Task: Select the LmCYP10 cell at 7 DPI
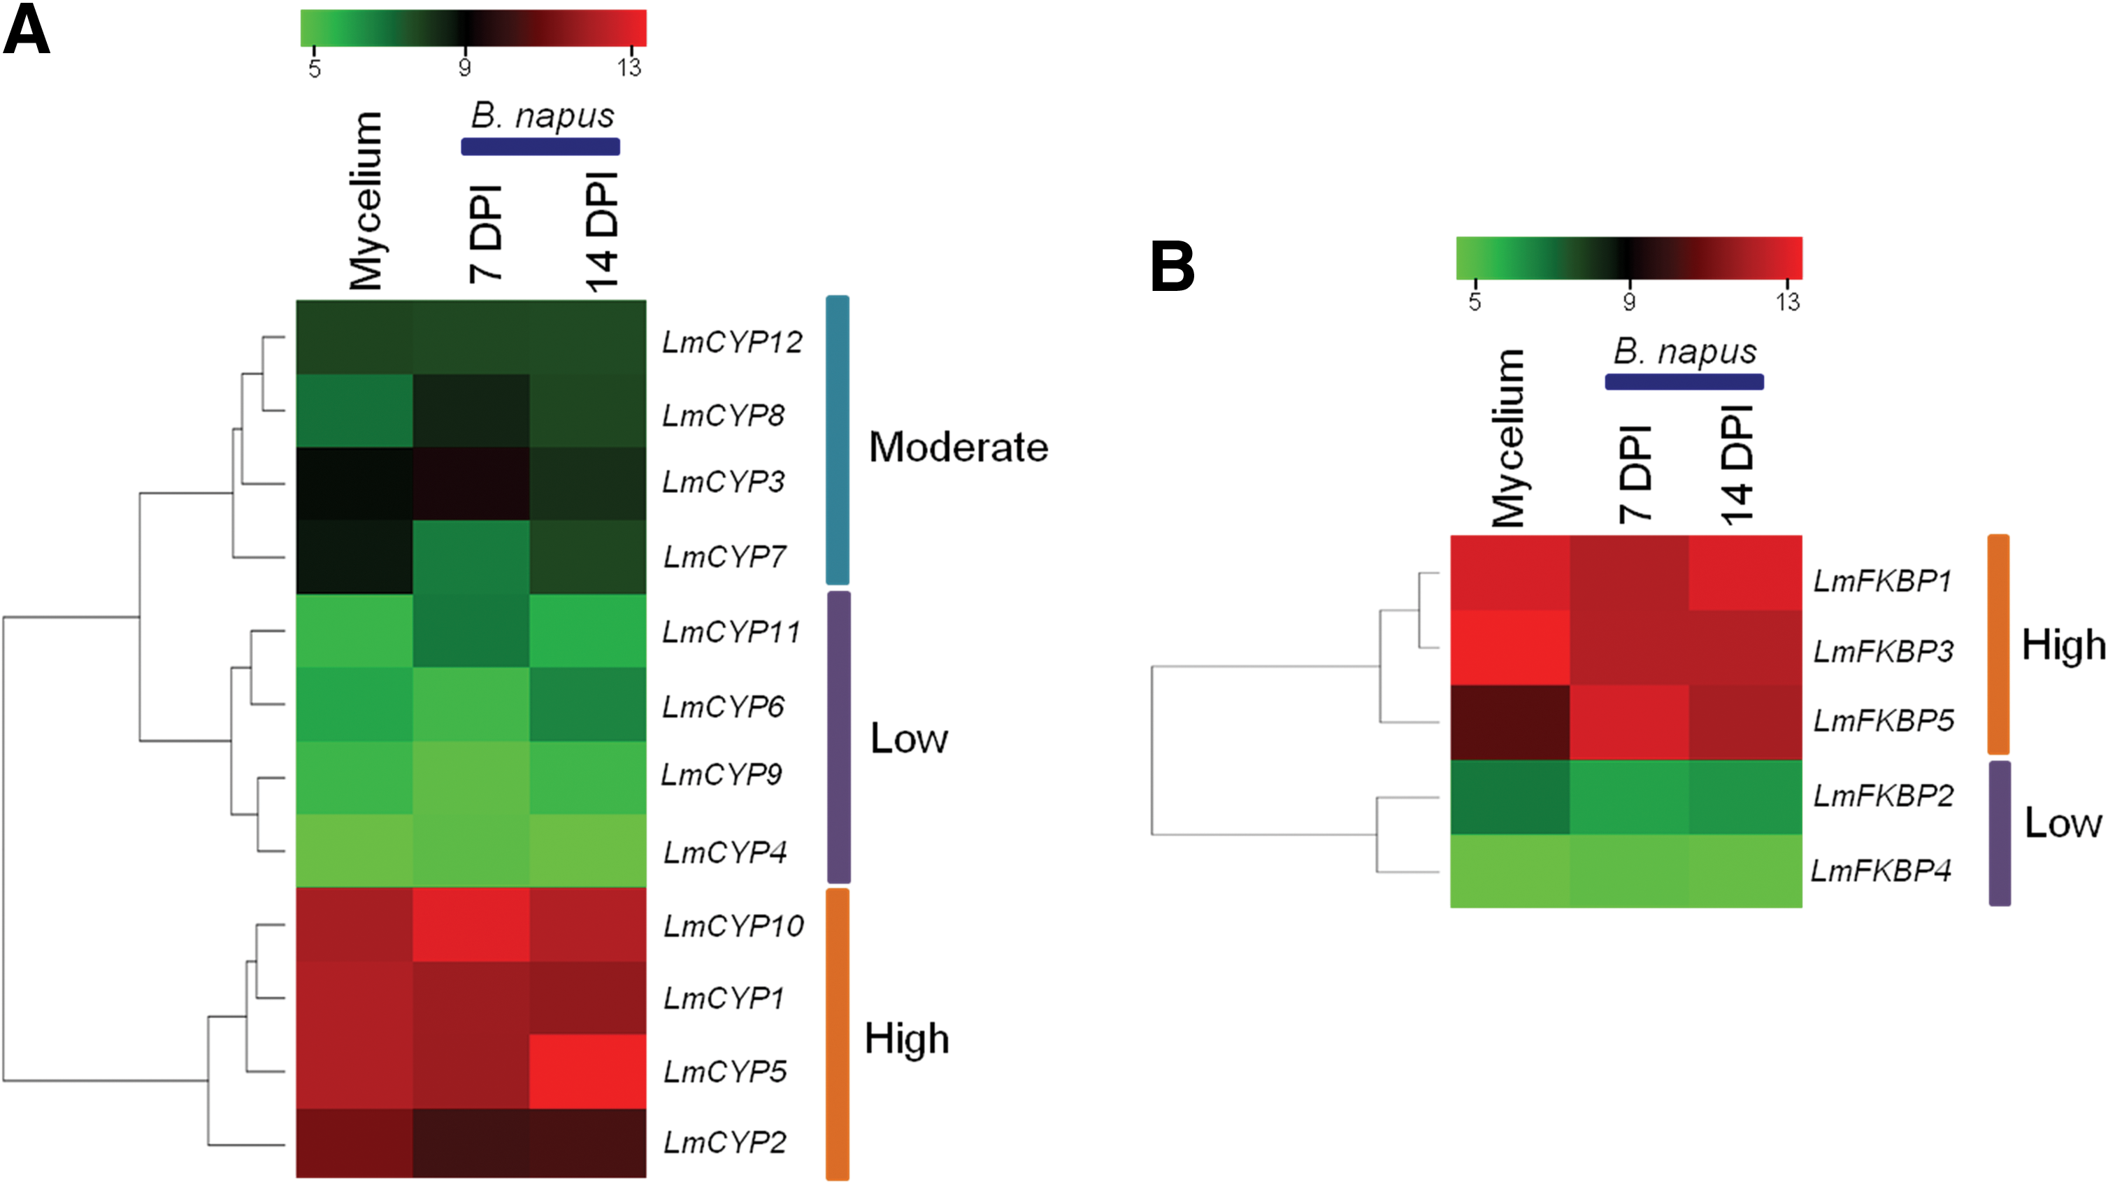point(471,925)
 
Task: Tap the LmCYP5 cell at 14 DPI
point(587,1071)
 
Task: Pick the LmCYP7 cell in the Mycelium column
point(354,557)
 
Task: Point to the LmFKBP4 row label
point(1881,871)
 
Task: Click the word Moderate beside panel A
point(959,447)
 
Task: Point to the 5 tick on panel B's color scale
point(1475,301)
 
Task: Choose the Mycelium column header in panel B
point(1508,438)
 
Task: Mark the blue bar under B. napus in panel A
point(540,147)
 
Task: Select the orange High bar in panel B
point(1998,644)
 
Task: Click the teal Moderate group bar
point(837,440)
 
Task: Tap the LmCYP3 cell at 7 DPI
point(471,484)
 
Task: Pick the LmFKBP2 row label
point(1883,796)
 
